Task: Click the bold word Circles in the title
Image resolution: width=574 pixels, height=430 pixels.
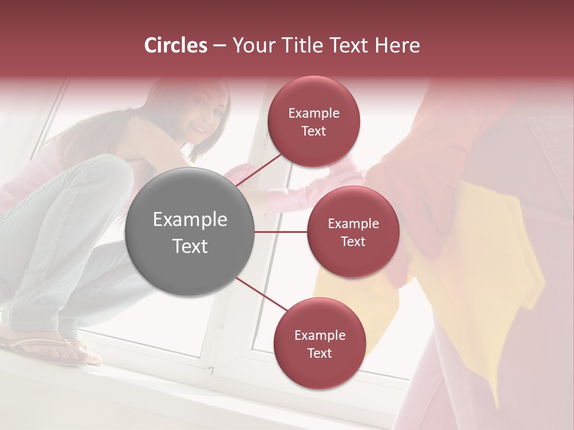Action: click(176, 45)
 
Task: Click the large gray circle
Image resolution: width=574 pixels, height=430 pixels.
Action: click(190, 232)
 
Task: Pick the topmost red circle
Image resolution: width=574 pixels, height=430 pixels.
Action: click(313, 122)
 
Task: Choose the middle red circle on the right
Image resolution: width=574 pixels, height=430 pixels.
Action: click(353, 232)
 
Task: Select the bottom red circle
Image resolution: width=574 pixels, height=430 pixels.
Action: click(319, 343)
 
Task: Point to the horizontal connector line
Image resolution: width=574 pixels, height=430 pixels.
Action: click(281, 232)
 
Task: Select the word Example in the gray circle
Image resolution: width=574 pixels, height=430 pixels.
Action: click(190, 220)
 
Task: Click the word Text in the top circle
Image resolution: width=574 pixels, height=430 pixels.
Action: click(313, 131)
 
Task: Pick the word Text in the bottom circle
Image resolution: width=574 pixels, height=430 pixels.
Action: click(319, 354)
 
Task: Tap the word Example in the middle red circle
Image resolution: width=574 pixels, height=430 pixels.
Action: click(353, 224)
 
